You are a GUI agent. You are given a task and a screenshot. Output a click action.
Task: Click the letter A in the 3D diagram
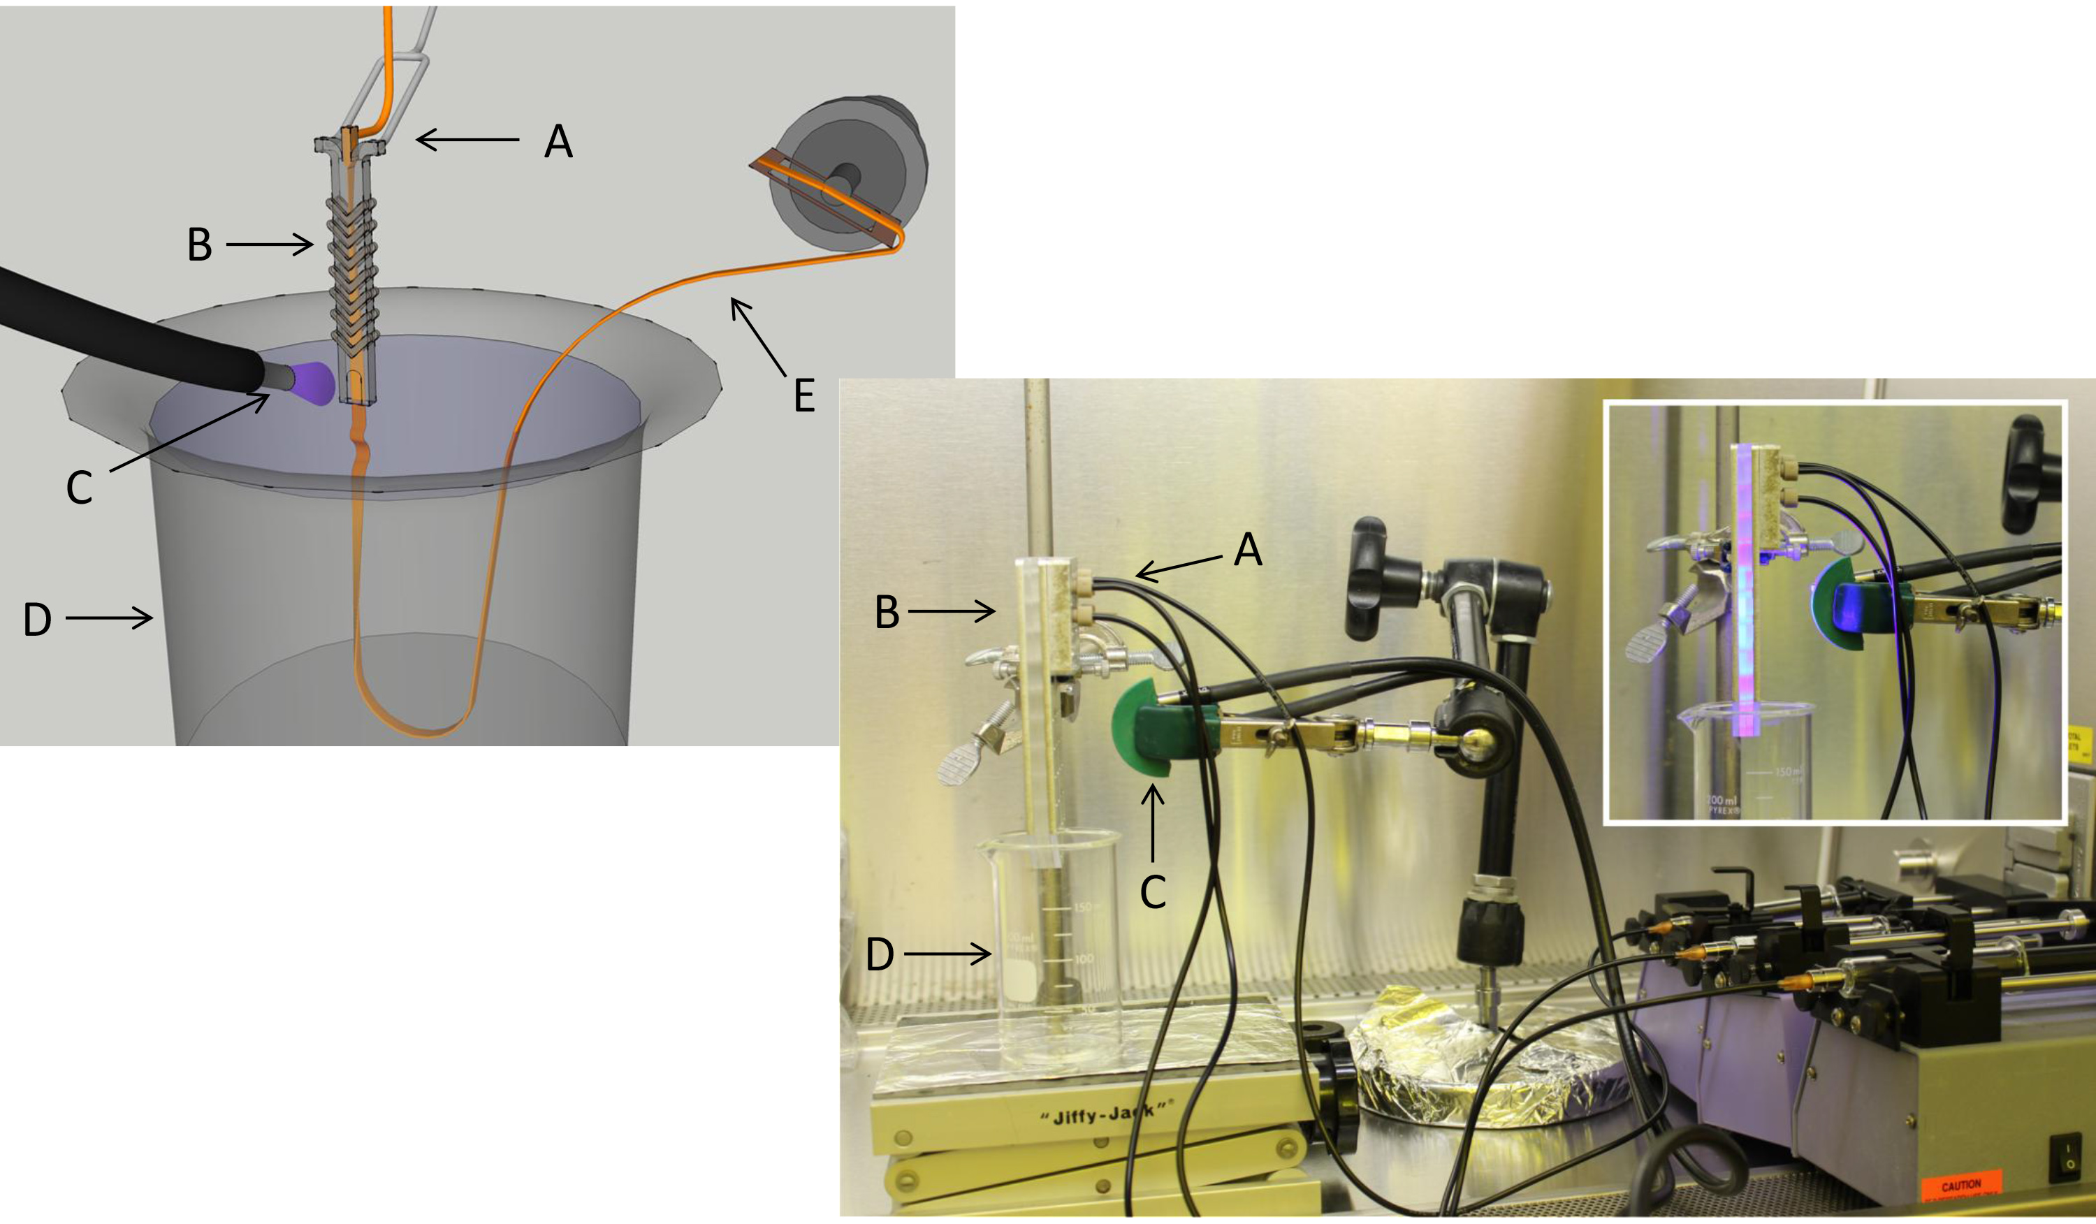point(558,143)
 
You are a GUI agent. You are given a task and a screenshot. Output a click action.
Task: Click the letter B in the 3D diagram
point(200,245)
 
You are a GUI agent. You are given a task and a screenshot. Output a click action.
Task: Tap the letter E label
point(803,396)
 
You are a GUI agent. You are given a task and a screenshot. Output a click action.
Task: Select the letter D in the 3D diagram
point(38,620)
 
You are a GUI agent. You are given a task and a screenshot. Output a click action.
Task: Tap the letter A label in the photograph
point(1248,551)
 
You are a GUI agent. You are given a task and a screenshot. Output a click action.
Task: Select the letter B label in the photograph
point(887,613)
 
